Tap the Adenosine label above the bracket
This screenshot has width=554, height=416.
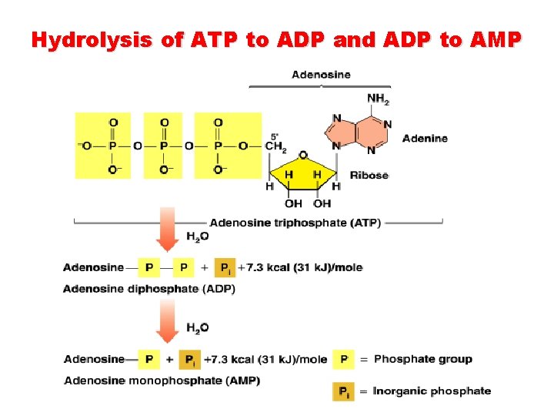321,75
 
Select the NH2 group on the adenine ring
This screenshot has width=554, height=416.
378,99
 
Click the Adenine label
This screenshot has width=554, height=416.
425,139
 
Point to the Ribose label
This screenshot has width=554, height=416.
369,175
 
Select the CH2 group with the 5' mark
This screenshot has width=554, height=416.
275,146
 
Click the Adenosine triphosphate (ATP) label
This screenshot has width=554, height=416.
295,223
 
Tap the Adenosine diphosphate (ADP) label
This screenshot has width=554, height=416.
149,289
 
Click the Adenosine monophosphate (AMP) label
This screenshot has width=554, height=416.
162,381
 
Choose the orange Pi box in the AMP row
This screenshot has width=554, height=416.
190,359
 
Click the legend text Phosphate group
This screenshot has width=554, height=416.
422,359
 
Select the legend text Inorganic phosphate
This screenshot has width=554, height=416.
432,391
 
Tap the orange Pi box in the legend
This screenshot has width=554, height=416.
344,391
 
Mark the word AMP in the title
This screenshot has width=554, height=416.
492,40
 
